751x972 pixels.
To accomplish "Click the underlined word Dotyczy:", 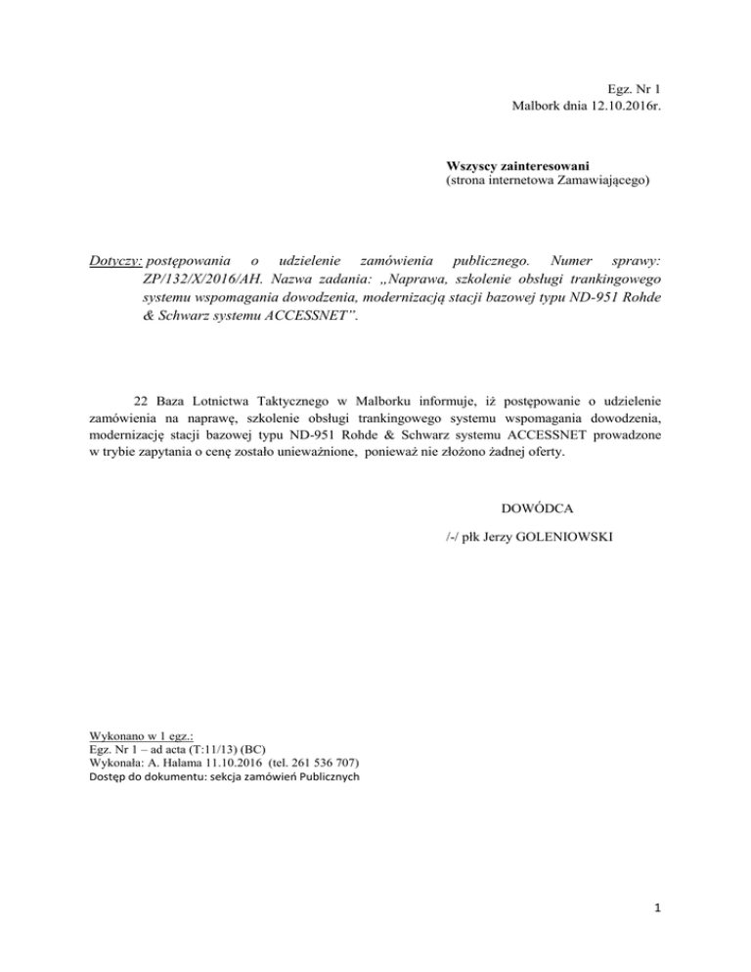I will (115, 263).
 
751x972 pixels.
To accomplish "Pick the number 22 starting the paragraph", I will (139, 401).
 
